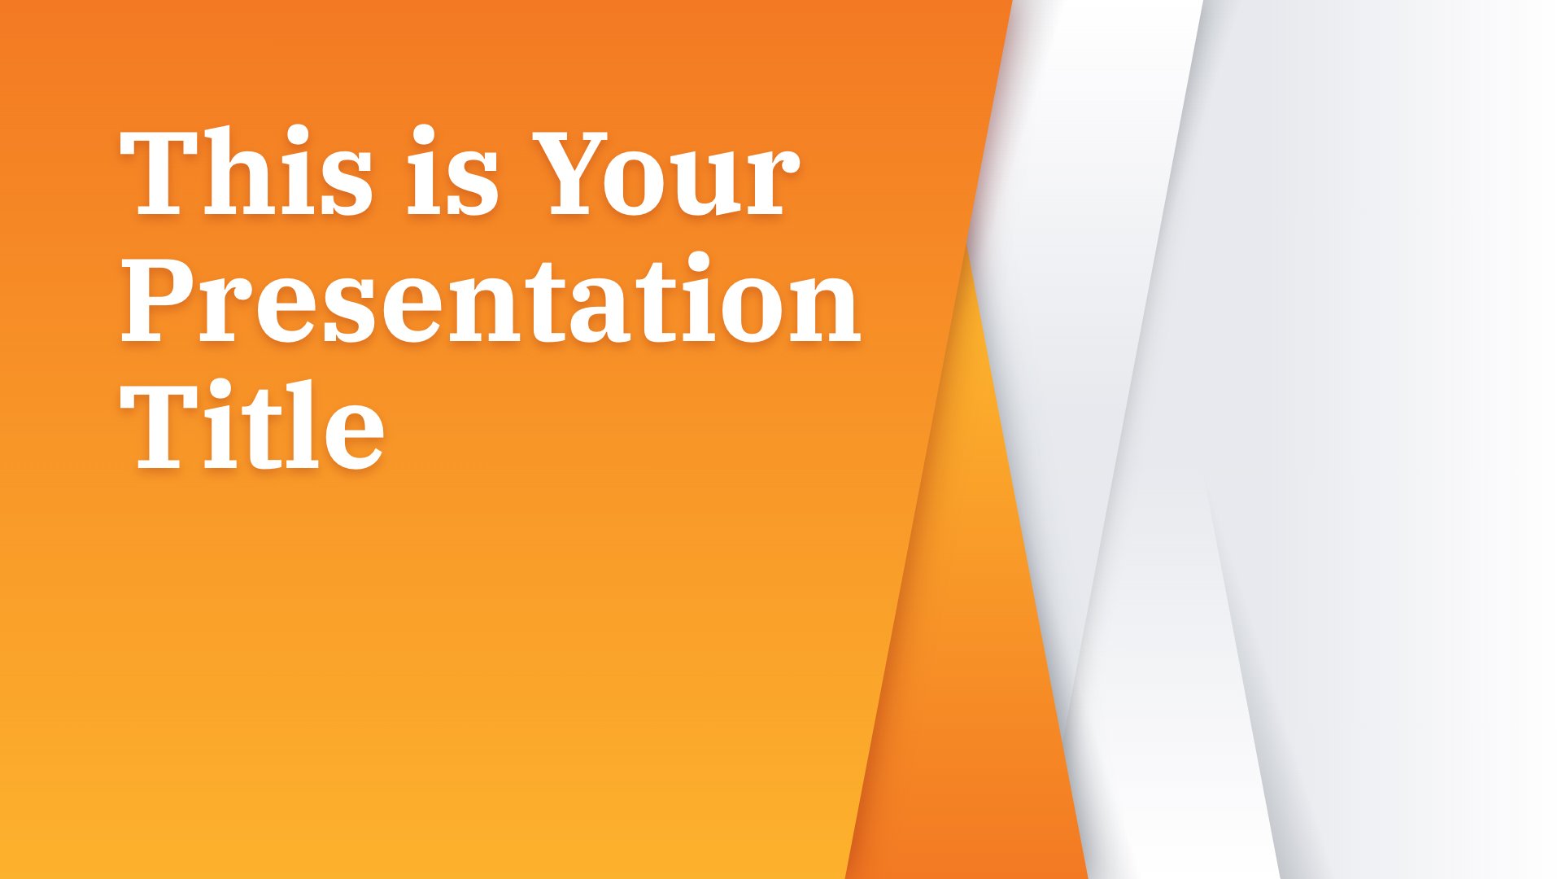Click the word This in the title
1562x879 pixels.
[247, 172]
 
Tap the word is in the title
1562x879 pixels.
[452, 172]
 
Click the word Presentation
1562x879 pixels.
[491, 298]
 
